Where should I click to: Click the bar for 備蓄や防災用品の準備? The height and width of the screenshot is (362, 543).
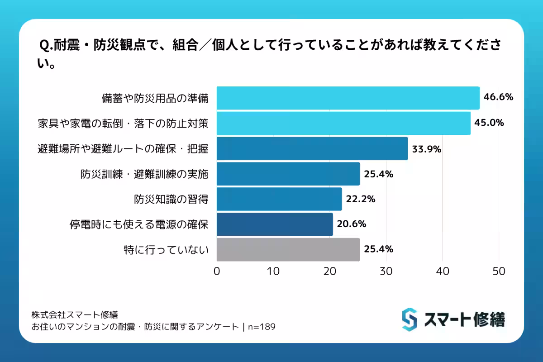tap(348, 98)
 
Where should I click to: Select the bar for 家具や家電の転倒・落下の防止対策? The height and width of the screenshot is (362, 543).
tap(343, 123)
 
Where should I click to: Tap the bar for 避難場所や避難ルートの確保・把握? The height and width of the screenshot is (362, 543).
tap(312, 148)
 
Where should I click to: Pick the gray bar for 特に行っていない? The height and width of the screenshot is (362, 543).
tap(288, 249)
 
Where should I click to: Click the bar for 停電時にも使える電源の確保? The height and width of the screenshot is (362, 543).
tap(275, 224)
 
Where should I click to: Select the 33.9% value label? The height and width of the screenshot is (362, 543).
tap(426, 148)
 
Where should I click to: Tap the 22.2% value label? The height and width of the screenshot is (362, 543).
tap(360, 199)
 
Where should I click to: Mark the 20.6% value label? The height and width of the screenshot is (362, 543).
tap(351, 224)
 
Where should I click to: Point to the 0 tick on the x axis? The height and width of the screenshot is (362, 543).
tap(217, 271)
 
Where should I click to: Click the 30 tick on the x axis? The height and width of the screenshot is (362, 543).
tap(386, 271)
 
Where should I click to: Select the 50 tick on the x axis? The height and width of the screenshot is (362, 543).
tap(499, 271)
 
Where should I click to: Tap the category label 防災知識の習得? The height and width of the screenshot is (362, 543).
tap(171, 199)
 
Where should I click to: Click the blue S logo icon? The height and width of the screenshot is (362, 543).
tap(409, 319)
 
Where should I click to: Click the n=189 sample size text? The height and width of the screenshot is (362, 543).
tap(262, 327)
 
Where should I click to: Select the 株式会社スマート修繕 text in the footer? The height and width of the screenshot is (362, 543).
tap(75, 314)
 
